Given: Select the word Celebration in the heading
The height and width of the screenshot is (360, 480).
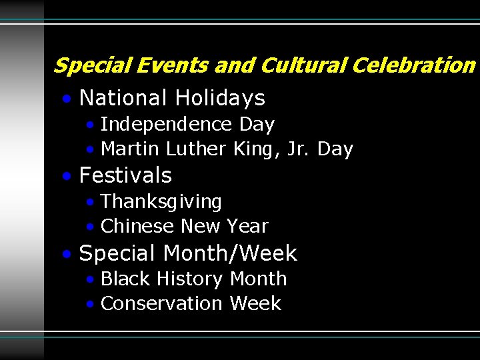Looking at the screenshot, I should [413, 65].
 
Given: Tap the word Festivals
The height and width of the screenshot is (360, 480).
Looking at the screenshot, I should [125, 175].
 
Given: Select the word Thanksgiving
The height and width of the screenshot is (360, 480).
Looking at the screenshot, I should [161, 201].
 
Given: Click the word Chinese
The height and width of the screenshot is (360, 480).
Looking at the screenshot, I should [138, 226].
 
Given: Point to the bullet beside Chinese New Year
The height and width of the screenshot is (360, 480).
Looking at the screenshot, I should [91, 227].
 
